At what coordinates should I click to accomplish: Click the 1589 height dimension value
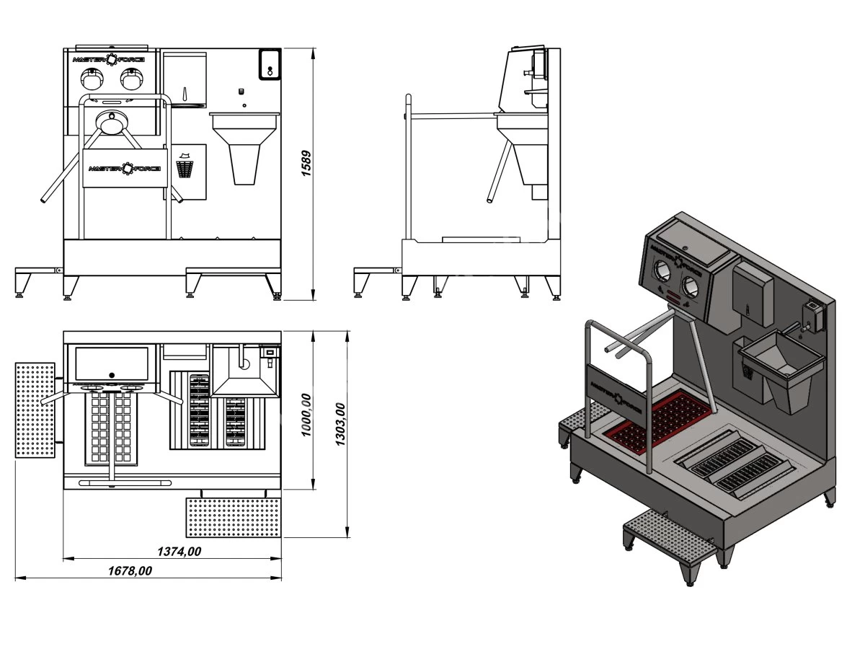tap(306, 164)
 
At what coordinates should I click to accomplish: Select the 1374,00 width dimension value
tap(179, 551)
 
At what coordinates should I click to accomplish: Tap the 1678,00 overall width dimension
tap(130, 571)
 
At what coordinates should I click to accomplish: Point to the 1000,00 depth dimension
tap(306, 415)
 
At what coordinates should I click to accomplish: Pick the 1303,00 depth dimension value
tap(340, 425)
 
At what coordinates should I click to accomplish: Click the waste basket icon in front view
tap(185, 166)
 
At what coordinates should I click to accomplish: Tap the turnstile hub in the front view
tap(112, 121)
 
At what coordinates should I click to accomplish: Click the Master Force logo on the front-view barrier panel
tap(125, 168)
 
